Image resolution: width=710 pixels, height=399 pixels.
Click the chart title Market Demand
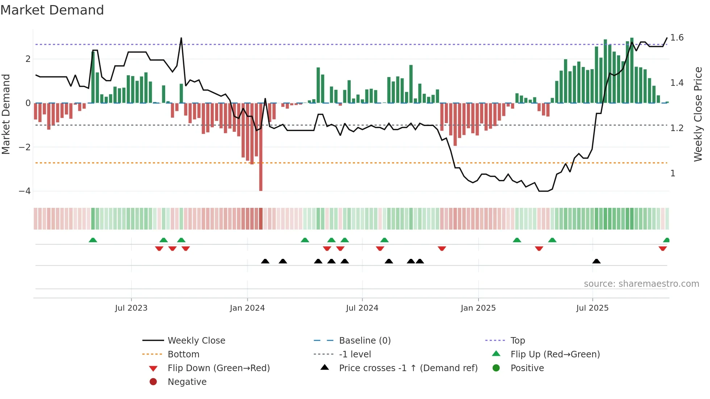click(x=52, y=10)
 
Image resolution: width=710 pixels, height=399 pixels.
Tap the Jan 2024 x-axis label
click(x=247, y=308)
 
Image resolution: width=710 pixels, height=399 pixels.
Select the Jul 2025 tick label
click(x=592, y=308)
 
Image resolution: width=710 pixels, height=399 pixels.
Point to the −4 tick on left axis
click(x=25, y=191)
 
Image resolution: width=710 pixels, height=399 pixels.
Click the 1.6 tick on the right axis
click(x=677, y=38)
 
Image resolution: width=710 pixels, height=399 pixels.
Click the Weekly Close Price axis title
click(x=698, y=114)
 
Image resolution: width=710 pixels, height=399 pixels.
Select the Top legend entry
click(x=517, y=341)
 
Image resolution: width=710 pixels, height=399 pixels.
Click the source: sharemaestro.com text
click(x=641, y=284)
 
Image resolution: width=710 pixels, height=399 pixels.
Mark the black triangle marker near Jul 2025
click(x=596, y=261)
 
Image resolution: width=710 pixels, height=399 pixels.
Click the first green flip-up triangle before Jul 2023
click(x=93, y=240)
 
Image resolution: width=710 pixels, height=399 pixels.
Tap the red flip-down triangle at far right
click(x=663, y=249)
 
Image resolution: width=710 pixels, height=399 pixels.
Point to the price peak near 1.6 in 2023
click(x=181, y=38)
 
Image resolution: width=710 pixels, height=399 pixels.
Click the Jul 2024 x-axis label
click(x=362, y=308)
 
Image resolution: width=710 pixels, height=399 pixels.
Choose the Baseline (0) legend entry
click(x=364, y=341)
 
